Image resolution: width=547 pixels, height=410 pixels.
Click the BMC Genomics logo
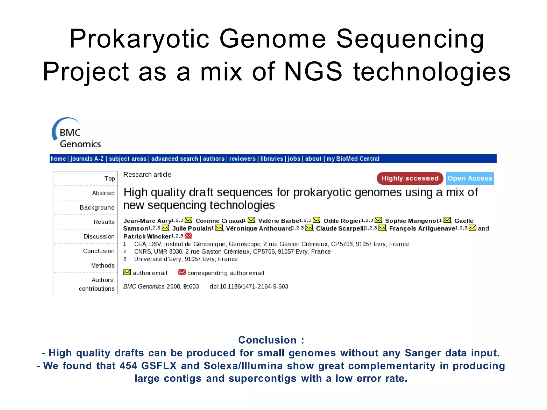(76, 133)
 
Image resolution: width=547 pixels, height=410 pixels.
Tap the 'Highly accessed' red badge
(410, 178)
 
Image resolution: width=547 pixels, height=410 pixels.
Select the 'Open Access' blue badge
(470, 178)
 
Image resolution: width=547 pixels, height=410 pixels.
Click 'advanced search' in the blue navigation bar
(174, 159)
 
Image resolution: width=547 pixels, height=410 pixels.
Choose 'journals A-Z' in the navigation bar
(87, 159)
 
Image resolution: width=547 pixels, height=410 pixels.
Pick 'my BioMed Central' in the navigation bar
(353, 159)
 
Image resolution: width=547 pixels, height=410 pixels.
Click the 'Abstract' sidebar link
(103, 193)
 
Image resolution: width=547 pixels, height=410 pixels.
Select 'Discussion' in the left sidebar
(99, 236)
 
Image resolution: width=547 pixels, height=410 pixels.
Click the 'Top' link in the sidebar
(110, 179)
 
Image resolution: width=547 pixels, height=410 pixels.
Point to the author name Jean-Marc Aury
(147, 221)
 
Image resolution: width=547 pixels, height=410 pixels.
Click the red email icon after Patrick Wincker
(189, 236)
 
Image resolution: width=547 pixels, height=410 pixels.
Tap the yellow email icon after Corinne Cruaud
(251, 220)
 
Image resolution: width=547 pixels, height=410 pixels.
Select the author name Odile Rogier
(342, 221)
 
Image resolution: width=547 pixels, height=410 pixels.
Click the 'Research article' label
(147, 175)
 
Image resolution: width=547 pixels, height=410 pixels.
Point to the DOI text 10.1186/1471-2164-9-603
(254, 287)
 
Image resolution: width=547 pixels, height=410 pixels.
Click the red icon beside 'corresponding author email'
(182, 272)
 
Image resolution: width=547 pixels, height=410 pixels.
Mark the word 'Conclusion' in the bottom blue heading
(267, 340)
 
